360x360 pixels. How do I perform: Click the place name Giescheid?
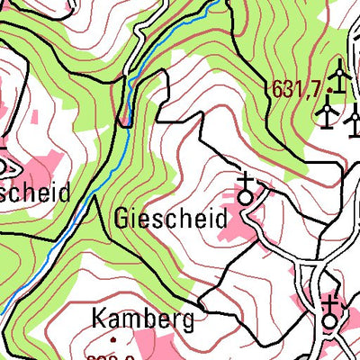click(x=170, y=219)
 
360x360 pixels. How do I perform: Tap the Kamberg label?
click(x=142, y=318)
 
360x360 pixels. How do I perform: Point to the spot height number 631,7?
click(x=295, y=88)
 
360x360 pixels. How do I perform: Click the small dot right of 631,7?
click(x=330, y=91)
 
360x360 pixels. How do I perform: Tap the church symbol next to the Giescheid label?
click(x=246, y=190)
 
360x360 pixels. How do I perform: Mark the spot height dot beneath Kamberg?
click(x=114, y=340)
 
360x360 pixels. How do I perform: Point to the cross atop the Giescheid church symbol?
click(x=246, y=180)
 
